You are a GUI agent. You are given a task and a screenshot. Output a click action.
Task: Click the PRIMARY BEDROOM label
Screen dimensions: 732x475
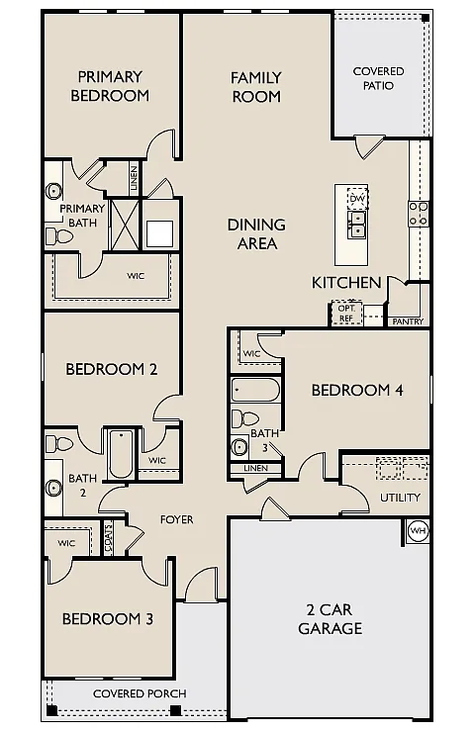[111, 86]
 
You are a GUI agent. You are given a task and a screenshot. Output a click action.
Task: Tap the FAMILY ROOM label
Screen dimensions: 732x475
[256, 86]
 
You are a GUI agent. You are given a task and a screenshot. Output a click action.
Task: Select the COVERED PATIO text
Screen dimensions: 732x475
[379, 78]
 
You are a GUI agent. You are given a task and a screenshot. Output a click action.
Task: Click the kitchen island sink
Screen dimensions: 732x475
[357, 227]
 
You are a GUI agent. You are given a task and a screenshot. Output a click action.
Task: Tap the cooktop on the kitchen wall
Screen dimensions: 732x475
[419, 214]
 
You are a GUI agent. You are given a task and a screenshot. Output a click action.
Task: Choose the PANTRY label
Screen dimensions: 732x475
[409, 321]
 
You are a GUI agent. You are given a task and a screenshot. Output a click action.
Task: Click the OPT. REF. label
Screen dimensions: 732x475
[345, 314]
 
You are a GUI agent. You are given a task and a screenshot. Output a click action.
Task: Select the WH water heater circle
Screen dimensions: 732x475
[418, 531]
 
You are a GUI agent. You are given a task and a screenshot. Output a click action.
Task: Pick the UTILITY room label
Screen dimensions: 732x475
[401, 498]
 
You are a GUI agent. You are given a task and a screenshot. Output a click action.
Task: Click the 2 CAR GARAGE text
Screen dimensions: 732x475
[331, 618]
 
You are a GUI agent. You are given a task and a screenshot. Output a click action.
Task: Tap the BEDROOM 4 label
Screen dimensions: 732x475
[357, 390]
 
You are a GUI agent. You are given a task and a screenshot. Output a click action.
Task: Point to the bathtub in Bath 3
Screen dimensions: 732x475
[255, 389]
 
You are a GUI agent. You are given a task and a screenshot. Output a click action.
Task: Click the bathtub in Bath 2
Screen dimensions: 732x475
[120, 453]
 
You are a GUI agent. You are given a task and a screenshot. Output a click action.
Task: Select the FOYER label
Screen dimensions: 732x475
[177, 519]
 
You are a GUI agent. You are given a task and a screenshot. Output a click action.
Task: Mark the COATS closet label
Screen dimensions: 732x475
[109, 538]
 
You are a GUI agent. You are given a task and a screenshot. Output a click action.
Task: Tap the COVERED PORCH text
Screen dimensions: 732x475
[140, 693]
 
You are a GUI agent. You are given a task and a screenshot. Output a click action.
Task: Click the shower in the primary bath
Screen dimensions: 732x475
[125, 222]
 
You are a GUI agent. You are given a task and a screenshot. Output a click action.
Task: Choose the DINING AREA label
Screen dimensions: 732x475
[256, 233]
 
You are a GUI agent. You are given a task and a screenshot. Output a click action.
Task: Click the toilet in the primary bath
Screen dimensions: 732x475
[53, 235]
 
